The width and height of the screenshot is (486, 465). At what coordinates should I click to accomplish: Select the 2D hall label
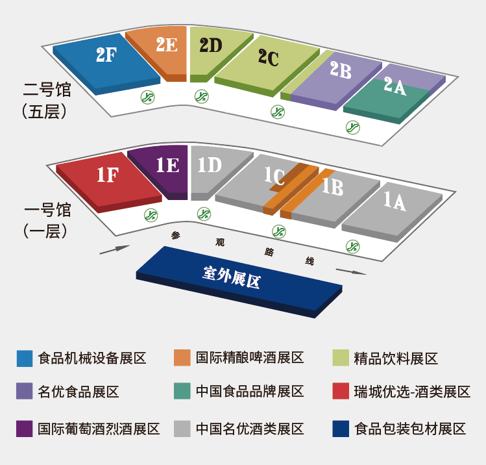click(211, 45)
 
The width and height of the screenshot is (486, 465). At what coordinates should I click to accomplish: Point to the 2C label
click(267, 58)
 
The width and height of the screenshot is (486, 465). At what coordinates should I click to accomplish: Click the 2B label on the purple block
click(340, 70)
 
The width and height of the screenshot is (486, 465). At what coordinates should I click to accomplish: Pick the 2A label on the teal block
click(394, 86)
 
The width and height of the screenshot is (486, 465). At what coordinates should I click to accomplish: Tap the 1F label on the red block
click(107, 175)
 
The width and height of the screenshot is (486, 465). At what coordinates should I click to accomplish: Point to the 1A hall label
click(394, 202)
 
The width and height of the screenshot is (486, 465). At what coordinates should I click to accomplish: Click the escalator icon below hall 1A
click(352, 245)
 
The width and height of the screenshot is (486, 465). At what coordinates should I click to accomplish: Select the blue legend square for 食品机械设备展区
click(25, 358)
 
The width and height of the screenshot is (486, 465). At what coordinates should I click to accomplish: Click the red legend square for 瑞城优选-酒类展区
click(340, 392)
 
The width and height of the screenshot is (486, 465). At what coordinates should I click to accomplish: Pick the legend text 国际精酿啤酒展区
click(250, 358)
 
